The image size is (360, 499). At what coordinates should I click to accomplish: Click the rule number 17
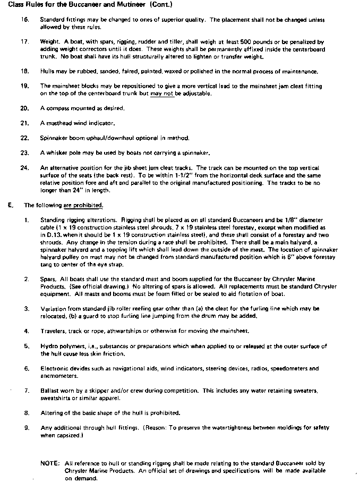[24, 41]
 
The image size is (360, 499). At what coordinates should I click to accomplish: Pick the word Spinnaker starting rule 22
[54, 138]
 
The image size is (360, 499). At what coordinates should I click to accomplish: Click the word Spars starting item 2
[49, 278]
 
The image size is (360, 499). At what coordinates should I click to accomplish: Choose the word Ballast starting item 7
[51, 391]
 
